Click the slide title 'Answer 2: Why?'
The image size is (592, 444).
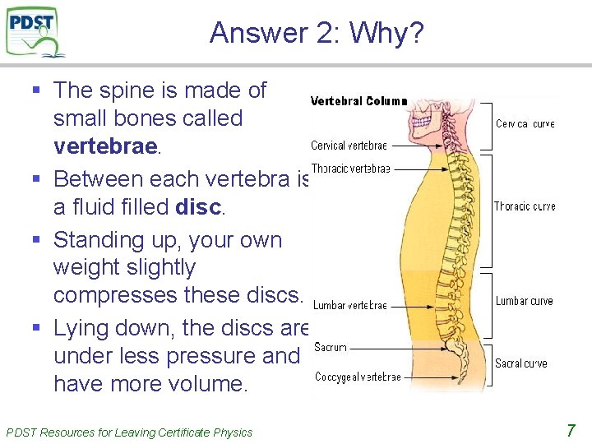coord(317,33)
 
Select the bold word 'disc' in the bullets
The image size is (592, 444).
coord(197,206)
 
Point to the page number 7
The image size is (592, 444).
coord(571,430)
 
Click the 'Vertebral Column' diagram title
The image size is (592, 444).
coord(358,101)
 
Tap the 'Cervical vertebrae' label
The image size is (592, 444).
coord(349,146)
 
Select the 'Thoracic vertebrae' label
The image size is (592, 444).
coord(350,169)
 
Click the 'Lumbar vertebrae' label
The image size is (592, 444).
coord(349,305)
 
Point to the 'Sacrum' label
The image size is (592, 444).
coord(331,348)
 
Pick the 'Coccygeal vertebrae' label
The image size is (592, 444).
coord(358,377)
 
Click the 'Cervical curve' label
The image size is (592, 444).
coord(525,124)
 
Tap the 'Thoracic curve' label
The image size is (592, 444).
coord(525,206)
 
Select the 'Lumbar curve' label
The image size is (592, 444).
coord(524,301)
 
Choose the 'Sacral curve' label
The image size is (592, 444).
coord(522,363)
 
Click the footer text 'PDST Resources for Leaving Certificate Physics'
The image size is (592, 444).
coord(129,432)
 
